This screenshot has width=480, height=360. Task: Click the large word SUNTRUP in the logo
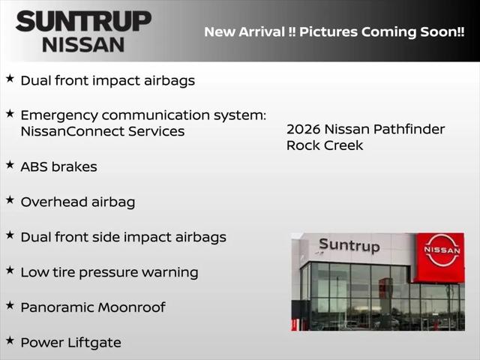click(83, 21)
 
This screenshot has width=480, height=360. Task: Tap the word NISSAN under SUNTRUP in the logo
click(83, 45)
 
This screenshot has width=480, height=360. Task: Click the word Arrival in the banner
click(262, 31)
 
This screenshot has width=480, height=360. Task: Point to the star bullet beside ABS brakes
click(10, 165)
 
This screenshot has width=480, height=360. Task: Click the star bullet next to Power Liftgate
click(10, 340)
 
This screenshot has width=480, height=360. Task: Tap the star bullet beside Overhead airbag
click(10, 200)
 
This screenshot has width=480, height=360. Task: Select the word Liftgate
click(94, 343)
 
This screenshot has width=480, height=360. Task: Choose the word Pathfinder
click(409, 129)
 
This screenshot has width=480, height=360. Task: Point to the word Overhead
click(54, 202)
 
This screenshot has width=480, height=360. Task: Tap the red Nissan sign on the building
click(439, 257)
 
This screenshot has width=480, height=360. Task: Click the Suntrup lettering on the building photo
click(349, 245)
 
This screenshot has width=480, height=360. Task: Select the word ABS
click(34, 166)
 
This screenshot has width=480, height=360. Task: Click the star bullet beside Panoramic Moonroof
click(10, 305)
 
